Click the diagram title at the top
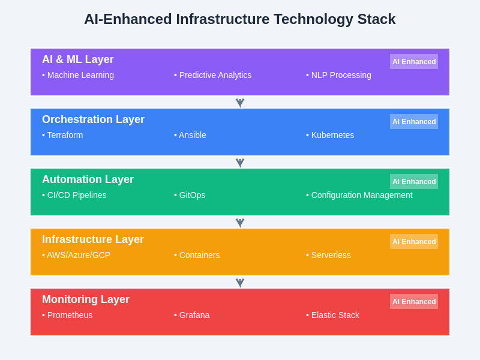240,19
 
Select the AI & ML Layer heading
78,59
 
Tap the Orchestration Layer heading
93,119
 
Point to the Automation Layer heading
88,179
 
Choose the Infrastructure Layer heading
93,239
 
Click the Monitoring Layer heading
86,299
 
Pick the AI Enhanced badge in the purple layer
414,62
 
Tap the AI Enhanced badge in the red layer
414,302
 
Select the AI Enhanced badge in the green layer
414,182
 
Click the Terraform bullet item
63,135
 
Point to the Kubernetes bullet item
331,135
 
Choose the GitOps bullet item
190,195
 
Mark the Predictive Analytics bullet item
213,75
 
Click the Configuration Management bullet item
359,195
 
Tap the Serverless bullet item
329,255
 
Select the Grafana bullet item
192,315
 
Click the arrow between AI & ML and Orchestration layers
240,103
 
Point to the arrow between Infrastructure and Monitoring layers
240,283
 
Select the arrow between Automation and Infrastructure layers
240,223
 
